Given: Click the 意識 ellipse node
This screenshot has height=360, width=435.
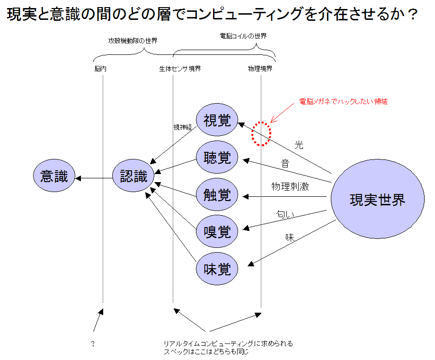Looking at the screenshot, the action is coord(54,176).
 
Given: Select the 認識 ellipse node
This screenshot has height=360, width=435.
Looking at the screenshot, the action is coord(133,176).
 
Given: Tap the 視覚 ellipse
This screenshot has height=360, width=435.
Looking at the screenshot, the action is coord(217,120).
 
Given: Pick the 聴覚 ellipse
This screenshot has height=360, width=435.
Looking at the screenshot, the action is coord(217,157).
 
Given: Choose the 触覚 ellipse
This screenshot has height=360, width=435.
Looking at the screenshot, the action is coord(217,194).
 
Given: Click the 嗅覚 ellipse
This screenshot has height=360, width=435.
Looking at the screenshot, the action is coord(217,231).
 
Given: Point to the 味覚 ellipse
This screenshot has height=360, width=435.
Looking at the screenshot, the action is coord(217,269).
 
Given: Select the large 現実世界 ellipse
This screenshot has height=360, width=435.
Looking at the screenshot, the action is coord(378,199).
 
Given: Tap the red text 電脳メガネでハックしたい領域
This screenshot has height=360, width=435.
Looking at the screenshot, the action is coord(343,102).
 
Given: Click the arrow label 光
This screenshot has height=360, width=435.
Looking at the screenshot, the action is coord(299,145).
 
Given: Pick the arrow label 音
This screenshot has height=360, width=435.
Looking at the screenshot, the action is coord(285,164).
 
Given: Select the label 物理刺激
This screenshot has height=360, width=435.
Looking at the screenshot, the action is coord(290,186).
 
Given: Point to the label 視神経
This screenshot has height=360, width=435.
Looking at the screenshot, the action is coord(183,127).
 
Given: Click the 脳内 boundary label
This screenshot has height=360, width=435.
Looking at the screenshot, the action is coord(100,69).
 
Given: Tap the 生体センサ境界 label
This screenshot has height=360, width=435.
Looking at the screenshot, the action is coord(180,69).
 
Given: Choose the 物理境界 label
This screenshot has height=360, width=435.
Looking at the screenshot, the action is coord(260,69).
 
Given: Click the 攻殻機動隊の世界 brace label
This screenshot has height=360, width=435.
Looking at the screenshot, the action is coord(133,41).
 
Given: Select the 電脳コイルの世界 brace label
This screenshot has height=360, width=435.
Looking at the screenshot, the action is coord(243,36).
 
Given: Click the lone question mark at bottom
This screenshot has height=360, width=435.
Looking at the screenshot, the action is coord(93,343).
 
